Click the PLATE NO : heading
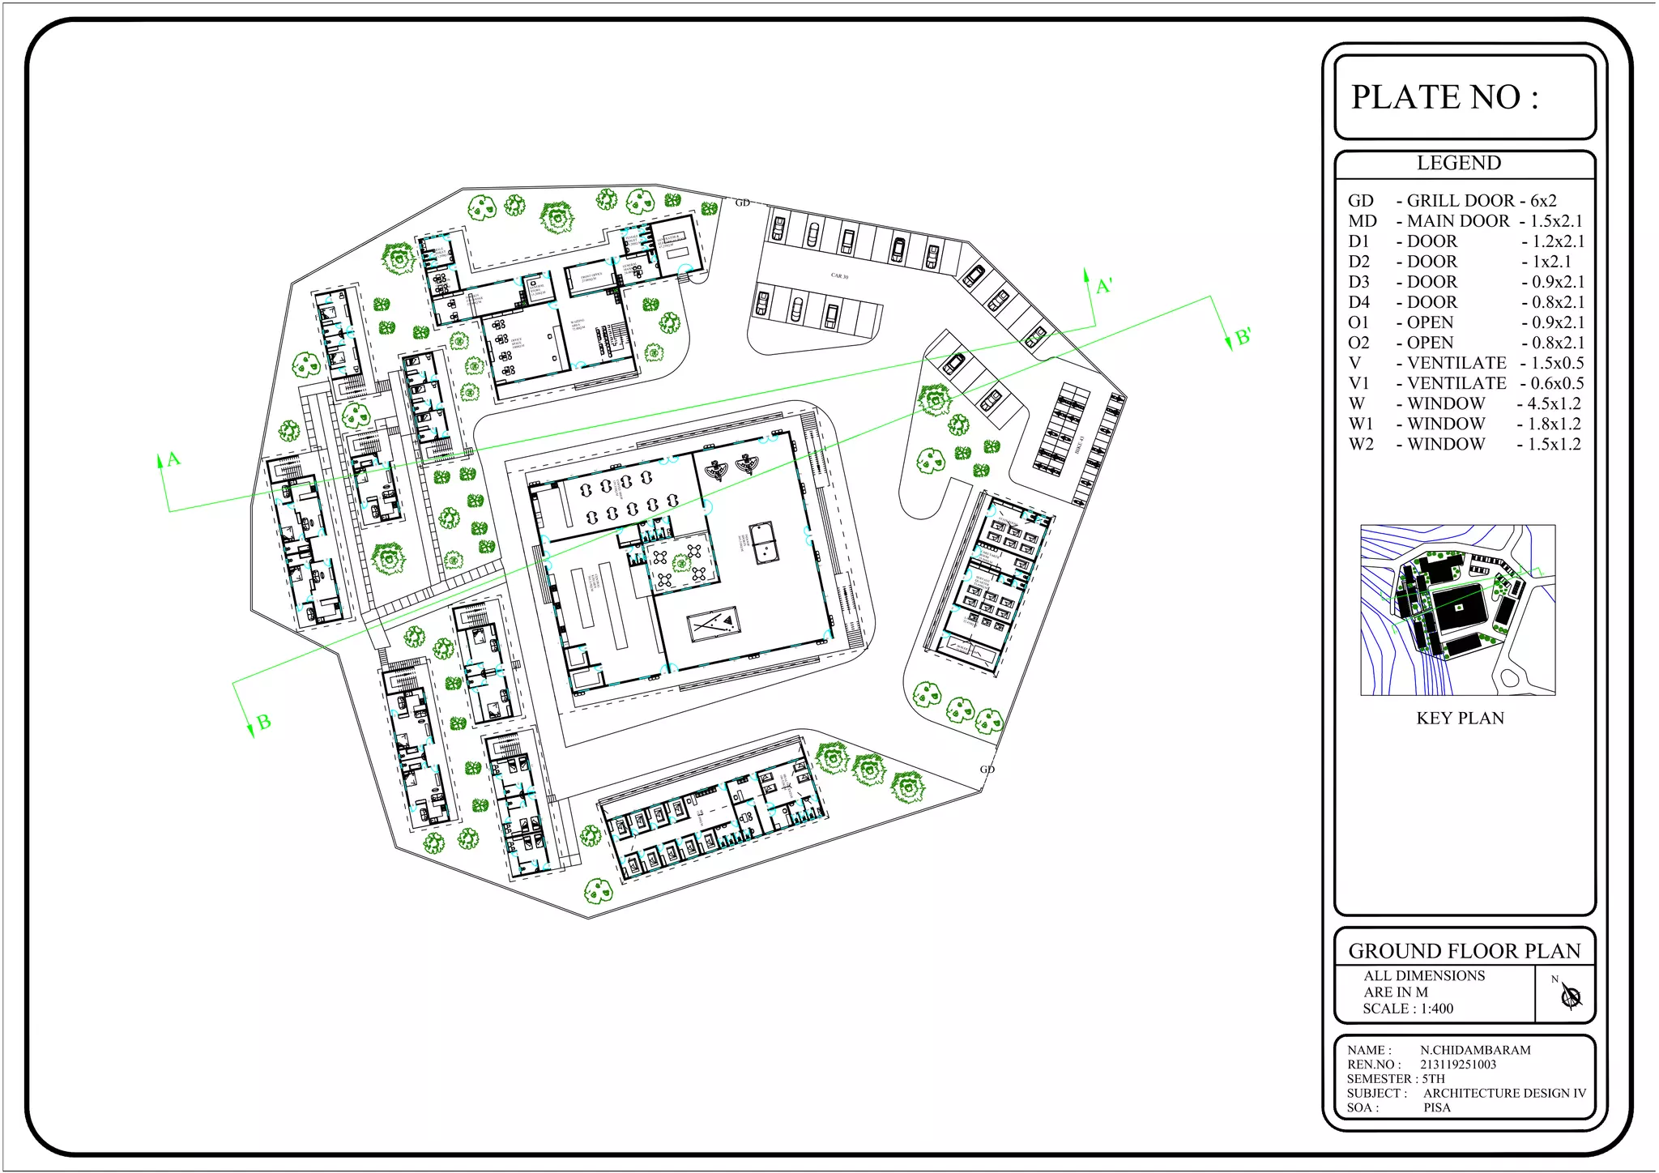click(x=1444, y=97)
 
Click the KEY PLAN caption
click(x=1460, y=718)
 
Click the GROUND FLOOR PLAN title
click(x=1464, y=950)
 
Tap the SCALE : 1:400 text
click(x=1408, y=1009)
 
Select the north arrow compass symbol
click(x=1571, y=996)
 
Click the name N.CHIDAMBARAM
click(x=1475, y=1050)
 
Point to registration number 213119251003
click(x=1458, y=1064)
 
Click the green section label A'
click(x=1104, y=287)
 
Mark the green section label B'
click(x=1243, y=337)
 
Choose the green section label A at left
click(x=173, y=459)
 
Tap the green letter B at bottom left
click(x=263, y=722)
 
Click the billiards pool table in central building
click(x=712, y=624)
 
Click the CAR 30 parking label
click(x=839, y=276)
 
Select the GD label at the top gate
click(x=742, y=203)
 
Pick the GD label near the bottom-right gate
click(x=987, y=769)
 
